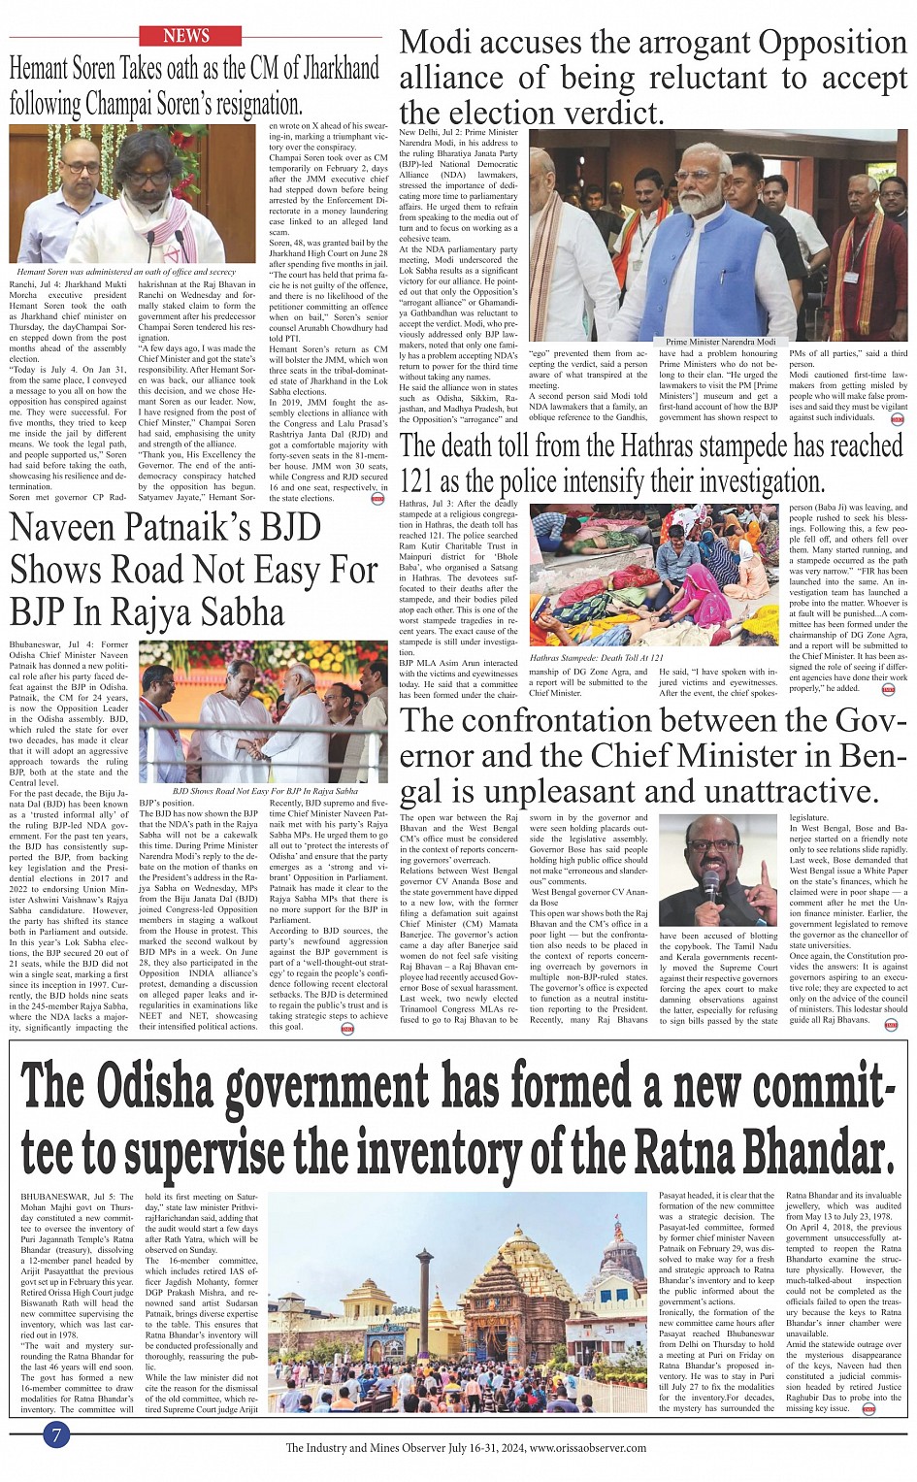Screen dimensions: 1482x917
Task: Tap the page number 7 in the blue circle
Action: coord(57,1434)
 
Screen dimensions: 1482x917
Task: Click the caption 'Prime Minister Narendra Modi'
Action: coord(720,342)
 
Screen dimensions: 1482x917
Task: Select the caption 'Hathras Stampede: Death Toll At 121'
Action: coord(597,658)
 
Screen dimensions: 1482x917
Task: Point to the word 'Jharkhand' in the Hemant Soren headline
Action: coord(330,68)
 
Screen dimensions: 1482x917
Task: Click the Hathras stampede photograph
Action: coord(655,575)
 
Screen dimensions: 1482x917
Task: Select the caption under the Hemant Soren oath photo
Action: coord(126,272)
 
